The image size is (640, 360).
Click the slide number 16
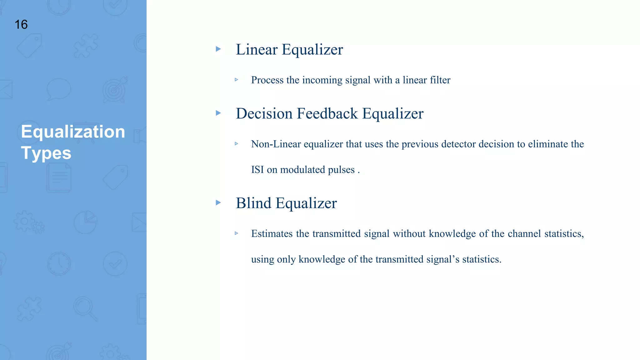(x=21, y=25)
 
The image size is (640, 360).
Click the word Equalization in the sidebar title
(x=73, y=132)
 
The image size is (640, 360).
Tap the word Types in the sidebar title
(x=46, y=153)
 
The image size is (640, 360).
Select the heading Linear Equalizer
(x=289, y=50)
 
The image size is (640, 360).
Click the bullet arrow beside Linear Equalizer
(x=218, y=49)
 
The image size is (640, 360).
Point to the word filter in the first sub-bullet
(x=440, y=80)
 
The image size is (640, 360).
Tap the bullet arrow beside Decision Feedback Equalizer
(x=218, y=113)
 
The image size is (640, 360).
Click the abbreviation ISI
(x=257, y=170)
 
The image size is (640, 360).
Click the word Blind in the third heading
(x=253, y=203)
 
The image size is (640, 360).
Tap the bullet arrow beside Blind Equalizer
(x=218, y=202)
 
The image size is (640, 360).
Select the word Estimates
(x=272, y=234)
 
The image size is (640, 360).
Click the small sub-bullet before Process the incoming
(x=237, y=80)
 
